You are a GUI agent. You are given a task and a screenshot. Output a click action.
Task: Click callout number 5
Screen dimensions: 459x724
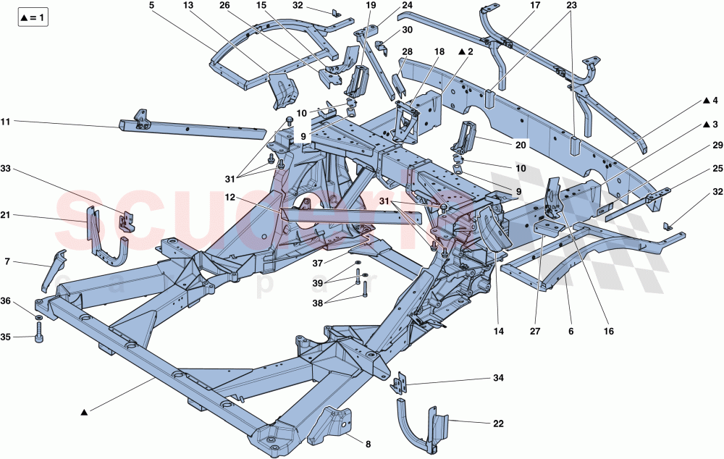tap(152, 5)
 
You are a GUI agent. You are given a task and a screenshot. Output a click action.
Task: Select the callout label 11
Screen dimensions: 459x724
tap(6, 122)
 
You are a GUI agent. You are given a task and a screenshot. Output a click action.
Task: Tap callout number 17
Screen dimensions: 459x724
tap(535, 5)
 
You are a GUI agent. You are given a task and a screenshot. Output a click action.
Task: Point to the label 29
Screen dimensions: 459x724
tap(717, 146)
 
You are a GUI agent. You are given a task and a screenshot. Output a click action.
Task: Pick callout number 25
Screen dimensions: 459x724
tap(717, 168)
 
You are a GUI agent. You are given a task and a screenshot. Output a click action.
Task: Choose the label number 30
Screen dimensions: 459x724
tap(407, 30)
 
